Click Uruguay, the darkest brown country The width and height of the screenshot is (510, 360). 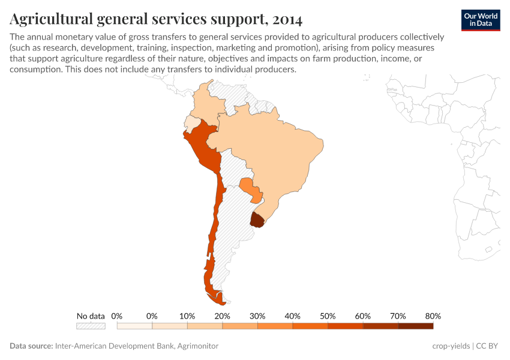(257, 220)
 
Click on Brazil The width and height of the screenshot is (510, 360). (270, 150)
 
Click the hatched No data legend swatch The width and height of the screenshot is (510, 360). (91, 326)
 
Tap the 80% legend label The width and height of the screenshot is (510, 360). (433, 316)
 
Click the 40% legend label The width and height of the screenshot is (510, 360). (292, 316)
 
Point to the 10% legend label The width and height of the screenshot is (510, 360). (187, 316)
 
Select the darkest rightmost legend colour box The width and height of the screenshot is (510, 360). (415, 326)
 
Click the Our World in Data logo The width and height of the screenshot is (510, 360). (480, 20)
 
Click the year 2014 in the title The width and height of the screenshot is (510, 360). (287, 20)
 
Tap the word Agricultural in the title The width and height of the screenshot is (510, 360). (50, 20)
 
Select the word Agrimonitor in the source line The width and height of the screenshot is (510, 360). (197, 346)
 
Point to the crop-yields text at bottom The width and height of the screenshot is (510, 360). (451, 346)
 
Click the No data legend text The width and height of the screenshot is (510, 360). (91, 316)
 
